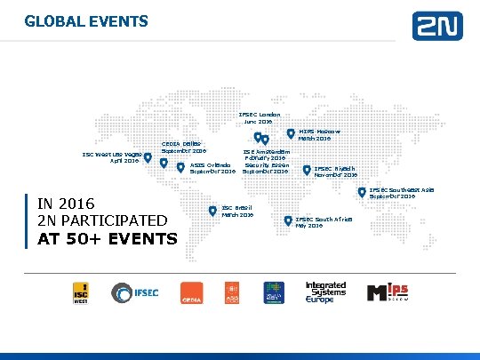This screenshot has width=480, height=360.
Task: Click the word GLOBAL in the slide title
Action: coord(48,20)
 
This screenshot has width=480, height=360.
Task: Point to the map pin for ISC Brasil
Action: coord(212,210)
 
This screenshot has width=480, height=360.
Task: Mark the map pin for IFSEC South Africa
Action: coord(288,220)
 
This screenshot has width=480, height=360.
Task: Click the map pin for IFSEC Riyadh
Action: coord(308,169)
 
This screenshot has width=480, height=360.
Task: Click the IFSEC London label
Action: coord(259,118)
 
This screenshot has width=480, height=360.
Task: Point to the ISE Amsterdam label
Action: coord(266,154)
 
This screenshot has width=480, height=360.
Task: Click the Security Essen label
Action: coord(264,168)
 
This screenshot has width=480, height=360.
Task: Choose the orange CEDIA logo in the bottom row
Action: coord(191,294)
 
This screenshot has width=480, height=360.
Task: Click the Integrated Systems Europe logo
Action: coord(325,293)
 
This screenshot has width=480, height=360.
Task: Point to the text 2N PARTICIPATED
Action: coord(98,220)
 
